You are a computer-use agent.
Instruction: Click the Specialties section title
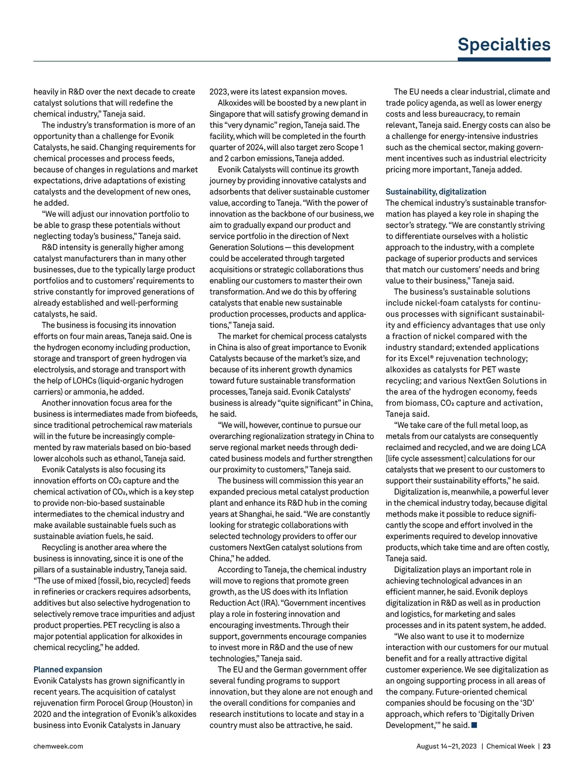pos(504,44)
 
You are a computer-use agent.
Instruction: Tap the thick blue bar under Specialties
pos(504,60)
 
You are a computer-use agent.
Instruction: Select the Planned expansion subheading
pos(68,670)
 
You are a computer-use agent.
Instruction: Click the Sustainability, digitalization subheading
pos(436,192)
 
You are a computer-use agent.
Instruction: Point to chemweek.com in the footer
pos(58,746)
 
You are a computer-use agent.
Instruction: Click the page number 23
pos(547,746)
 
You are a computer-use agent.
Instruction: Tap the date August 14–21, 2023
pos(447,746)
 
